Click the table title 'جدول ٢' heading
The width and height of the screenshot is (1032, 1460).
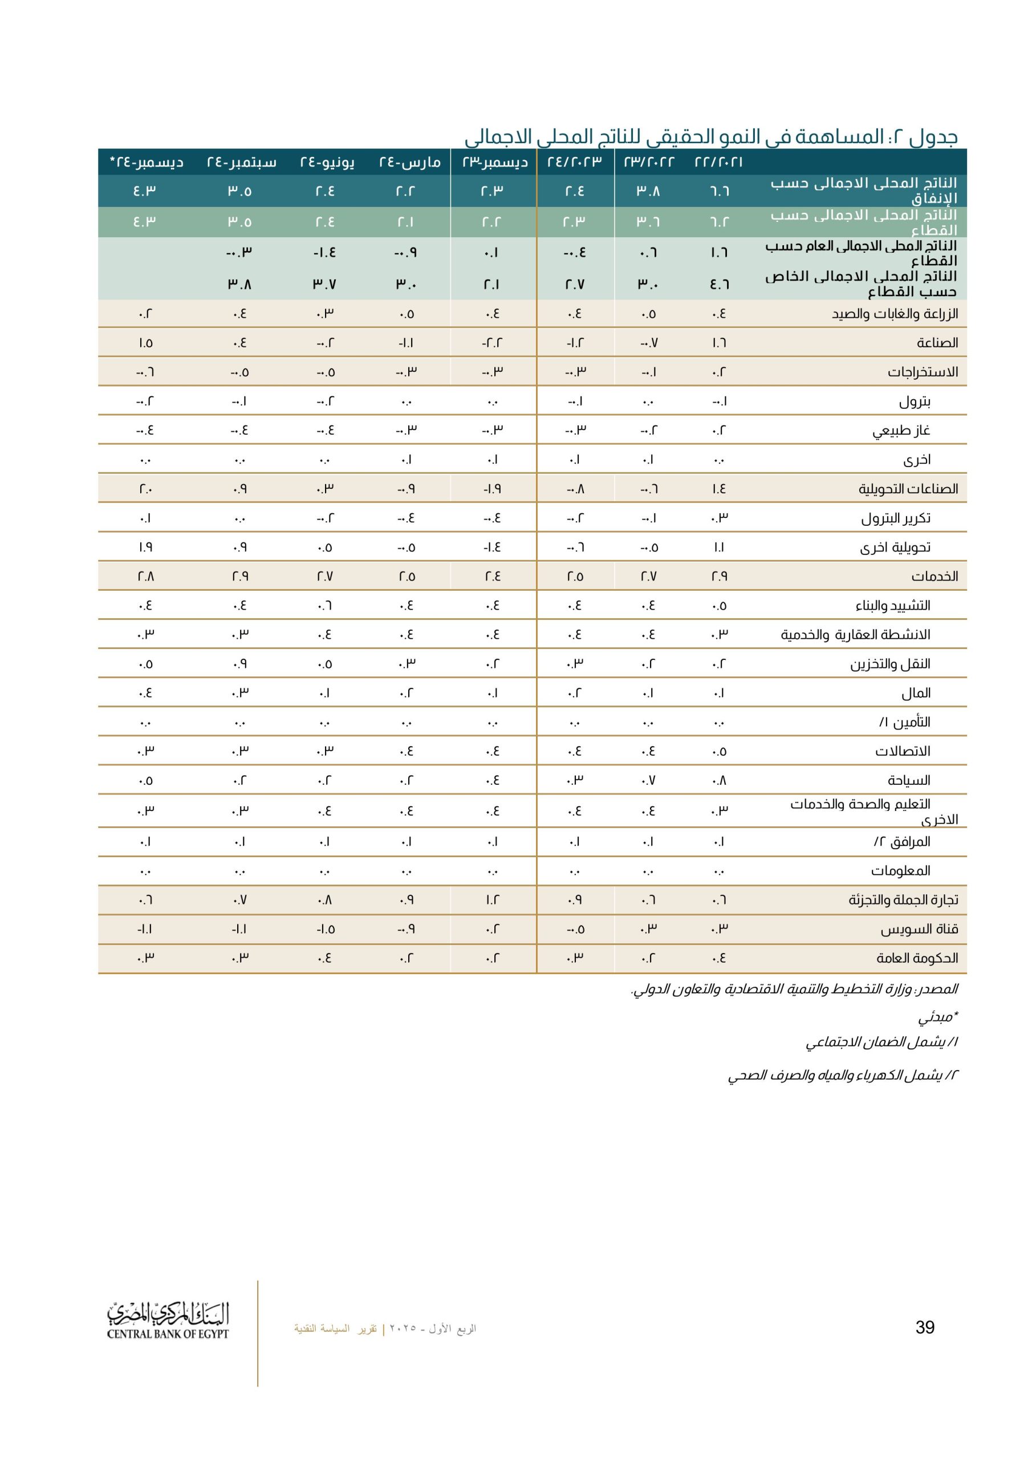pos(710,137)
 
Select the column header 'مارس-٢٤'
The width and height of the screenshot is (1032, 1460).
pos(409,162)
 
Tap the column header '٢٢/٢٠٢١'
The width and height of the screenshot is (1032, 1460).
pos(718,162)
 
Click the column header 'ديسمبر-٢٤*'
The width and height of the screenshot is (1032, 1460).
pos(147,162)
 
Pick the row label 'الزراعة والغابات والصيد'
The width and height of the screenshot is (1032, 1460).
pos(895,314)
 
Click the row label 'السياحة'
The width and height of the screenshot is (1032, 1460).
pos(909,780)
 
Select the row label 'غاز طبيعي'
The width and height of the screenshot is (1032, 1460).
pos(901,431)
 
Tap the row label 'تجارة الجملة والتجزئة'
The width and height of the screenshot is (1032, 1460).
pos(903,900)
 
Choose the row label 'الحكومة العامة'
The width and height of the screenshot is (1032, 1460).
pos(917,958)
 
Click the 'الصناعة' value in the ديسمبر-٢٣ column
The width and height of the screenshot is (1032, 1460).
pos(493,343)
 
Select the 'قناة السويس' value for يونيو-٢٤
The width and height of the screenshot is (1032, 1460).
pos(326,930)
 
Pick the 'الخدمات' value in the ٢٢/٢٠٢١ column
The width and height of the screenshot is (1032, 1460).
pos(719,576)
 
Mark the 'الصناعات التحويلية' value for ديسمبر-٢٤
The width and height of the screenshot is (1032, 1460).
pos(145,489)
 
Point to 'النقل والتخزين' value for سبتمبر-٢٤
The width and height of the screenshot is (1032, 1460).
pos(239,664)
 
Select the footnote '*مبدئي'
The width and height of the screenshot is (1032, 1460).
pos(937,1017)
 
